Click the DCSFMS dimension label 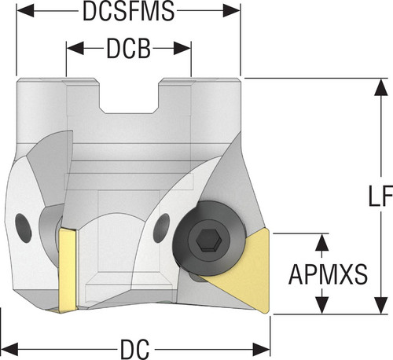tap(128, 11)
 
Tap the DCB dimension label tap(129, 49)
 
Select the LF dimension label tap(380, 196)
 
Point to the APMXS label tap(328, 274)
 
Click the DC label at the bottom tap(134, 350)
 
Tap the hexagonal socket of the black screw tap(210, 241)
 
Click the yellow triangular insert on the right tap(244, 270)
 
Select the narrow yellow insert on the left tap(68, 270)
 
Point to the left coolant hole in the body tap(24, 228)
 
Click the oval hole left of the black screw tap(161, 228)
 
